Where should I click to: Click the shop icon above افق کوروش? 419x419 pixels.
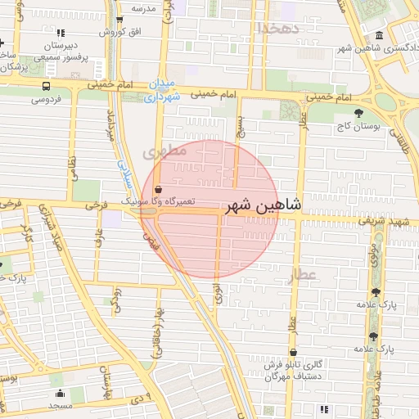click(x=119, y=20)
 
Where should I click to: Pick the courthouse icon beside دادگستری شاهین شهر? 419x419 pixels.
click(x=378, y=36)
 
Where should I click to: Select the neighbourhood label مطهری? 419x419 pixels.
click(x=159, y=153)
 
